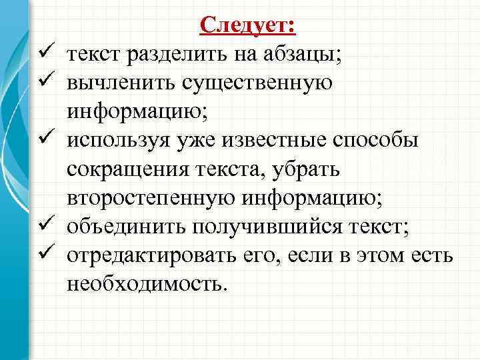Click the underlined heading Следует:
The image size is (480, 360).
[248, 25]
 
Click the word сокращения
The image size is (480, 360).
[124, 169]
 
